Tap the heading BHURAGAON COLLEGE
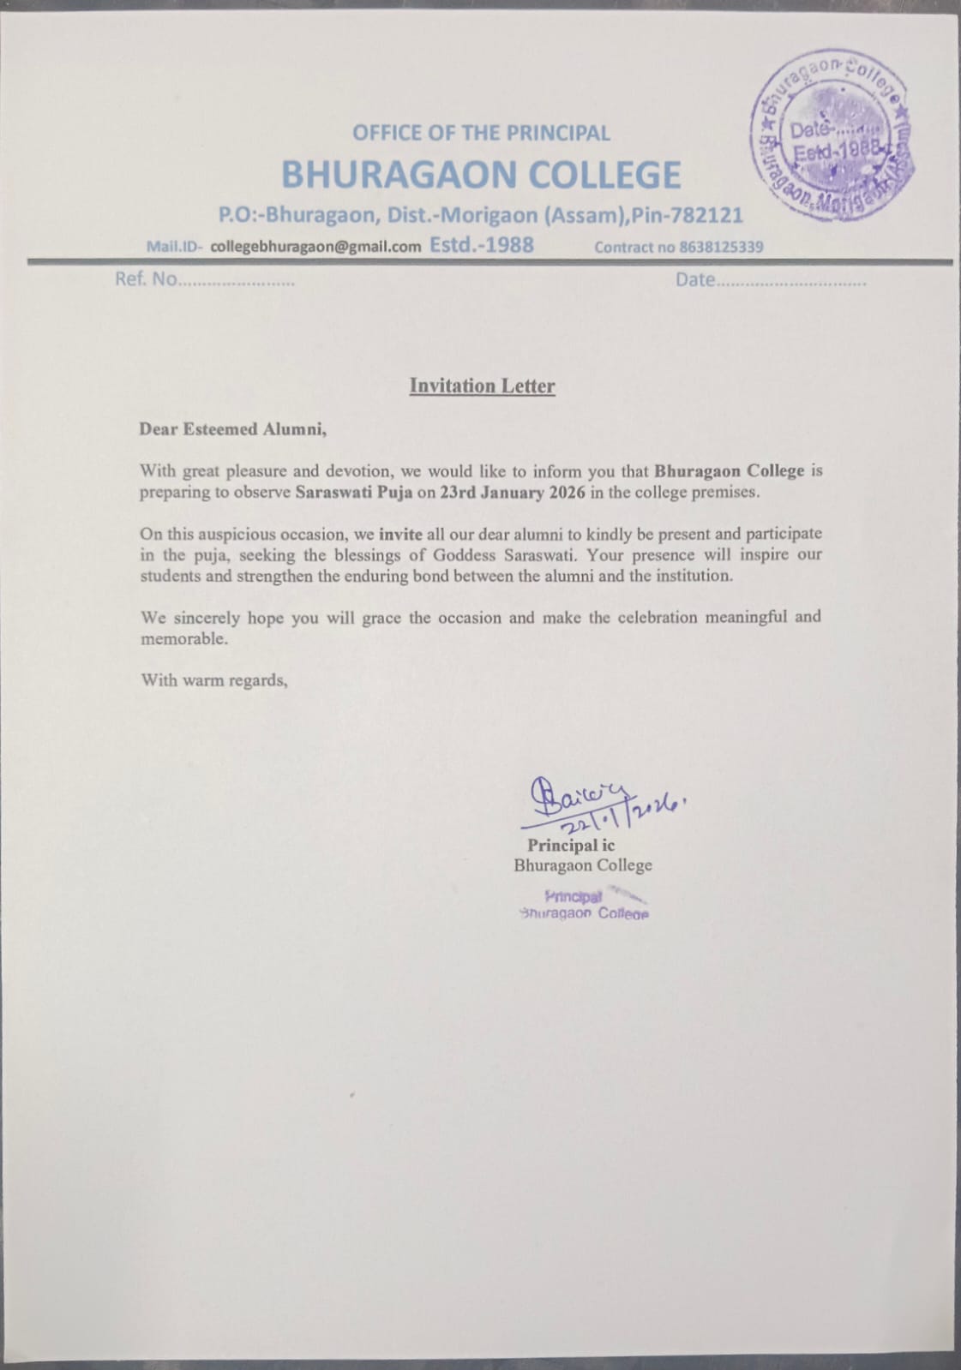point(481,175)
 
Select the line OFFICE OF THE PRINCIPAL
point(481,133)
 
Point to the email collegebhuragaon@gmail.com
point(315,247)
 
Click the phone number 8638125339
point(721,248)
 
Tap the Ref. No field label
point(146,279)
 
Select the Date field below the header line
point(770,280)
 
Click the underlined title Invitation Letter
point(482,386)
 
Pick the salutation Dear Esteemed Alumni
point(233,429)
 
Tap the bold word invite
point(400,534)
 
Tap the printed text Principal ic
point(571,846)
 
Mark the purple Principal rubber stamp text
point(583,905)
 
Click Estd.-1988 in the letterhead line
point(481,245)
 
